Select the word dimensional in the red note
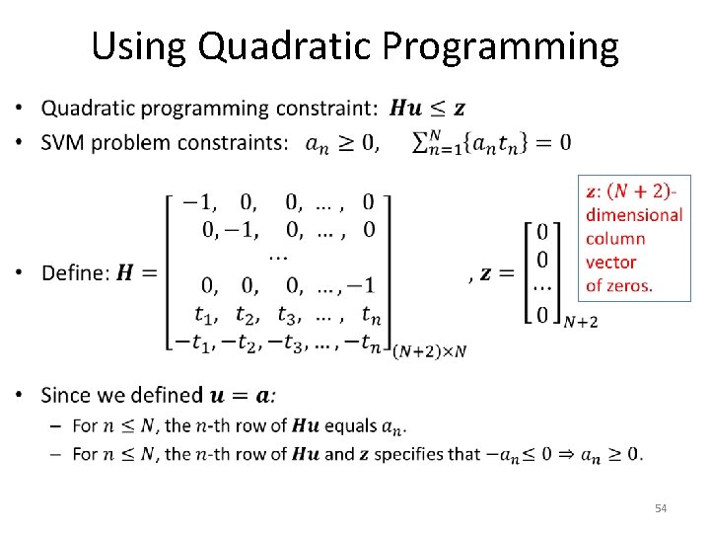point(633,214)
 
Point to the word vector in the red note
point(610,262)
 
